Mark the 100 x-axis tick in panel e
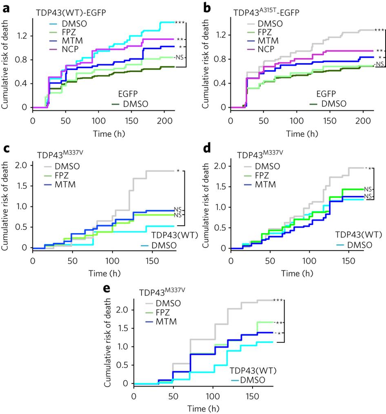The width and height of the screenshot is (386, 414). pos(213,395)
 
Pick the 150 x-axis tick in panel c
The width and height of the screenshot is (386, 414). pos(152,259)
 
